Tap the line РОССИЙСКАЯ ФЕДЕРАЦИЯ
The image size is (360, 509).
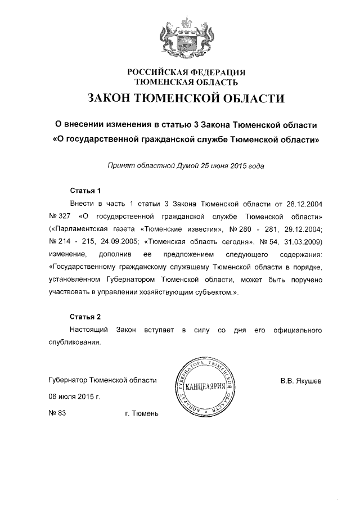[x=186, y=71]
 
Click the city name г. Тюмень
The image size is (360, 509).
[x=142, y=414]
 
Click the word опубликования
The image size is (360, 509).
[x=76, y=342]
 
